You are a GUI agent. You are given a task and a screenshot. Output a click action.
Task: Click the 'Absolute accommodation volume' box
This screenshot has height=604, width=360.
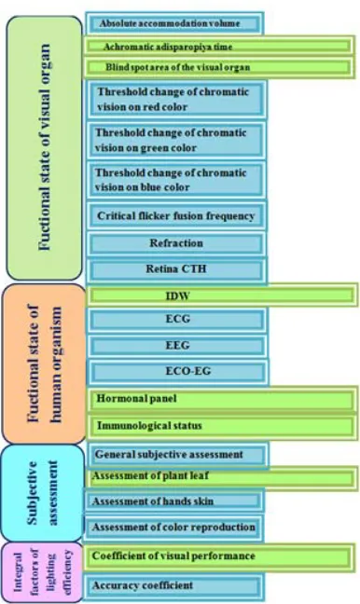pyautogui.click(x=174, y=23)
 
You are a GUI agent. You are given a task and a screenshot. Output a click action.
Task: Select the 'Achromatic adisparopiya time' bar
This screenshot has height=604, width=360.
pyautogui.click(x=219, y=47)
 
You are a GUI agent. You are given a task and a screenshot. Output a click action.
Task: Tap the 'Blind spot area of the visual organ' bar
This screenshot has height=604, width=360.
pyautogui.click(x=219, y=68)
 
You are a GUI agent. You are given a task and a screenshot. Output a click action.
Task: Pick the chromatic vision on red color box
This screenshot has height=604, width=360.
pyautogui.click(x=176, y=100)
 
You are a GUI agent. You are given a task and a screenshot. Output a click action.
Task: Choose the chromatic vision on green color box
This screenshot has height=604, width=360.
pyautogui.click(x=176, y=140)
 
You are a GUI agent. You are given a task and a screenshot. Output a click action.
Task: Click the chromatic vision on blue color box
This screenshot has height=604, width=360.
pyautogui.click(x=176, y=180)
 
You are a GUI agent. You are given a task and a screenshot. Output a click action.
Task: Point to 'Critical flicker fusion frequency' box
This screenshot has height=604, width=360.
pyautogui.click(x=176, y=215)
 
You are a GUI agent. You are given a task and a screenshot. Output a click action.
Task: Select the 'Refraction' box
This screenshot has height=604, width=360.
pyautogui.click(x=176, y=244)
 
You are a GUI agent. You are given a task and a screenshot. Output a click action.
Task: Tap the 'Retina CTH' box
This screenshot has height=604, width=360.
pyautogui.click(x=176, y=269)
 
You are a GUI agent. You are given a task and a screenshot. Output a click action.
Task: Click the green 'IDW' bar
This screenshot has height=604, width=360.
pyautogui.click(x=223, y=295)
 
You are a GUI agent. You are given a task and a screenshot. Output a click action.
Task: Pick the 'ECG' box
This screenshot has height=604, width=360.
pyautogui.click(x=176, y=320)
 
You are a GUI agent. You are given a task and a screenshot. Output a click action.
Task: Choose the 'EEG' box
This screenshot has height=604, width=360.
pyautogui.click(x=176, y=346)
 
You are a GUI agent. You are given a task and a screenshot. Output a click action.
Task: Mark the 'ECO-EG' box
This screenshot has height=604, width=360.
pyautogui.click(x=177, y=372)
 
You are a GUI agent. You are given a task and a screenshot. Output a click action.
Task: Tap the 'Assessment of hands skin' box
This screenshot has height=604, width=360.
pyautogui.click(x=174, y=501)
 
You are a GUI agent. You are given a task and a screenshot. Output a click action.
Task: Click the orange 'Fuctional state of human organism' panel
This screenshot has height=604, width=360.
pyautogui.click(x=44, y=364)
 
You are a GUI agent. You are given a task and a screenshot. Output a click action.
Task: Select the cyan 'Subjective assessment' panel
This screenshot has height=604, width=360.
pyautogui.click(x=42, y=493)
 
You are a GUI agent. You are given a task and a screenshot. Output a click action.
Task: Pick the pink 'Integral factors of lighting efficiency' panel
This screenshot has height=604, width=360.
pyautogui.click(x=42, y=572)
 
